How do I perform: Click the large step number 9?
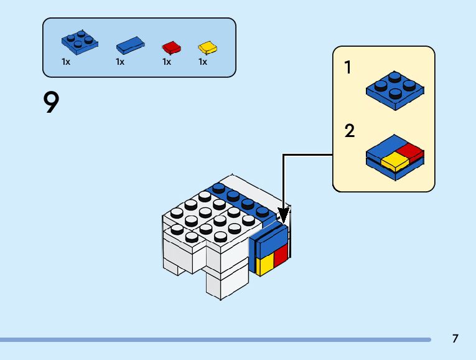click(52, 102)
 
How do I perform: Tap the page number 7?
click(455, 339)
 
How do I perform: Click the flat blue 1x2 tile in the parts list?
click(131, 45)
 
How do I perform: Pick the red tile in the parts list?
click(171, 47)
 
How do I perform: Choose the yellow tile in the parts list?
click(207, 47)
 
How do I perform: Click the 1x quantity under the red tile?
click(167, 62)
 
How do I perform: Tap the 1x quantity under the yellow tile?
click(203, 62)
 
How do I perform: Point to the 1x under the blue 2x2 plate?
click(66, 62)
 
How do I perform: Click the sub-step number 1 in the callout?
click(348, 68)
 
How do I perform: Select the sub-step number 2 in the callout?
click(349, 131)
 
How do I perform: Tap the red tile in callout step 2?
click(410, 150)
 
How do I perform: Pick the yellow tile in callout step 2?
click(394, 161)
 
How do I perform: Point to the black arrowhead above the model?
click(283, 215)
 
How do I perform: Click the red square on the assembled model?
click(281, 255)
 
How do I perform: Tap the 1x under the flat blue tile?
click(120, 62)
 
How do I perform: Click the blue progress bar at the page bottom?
click(215, 339)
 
